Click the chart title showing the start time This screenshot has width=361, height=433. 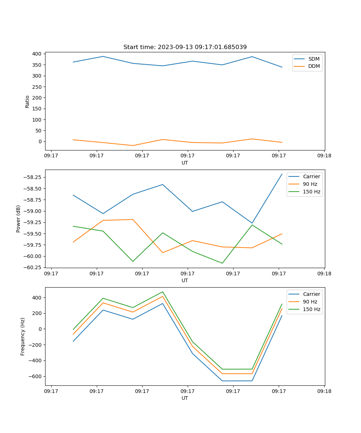pyautogui.click(x=185, y=47)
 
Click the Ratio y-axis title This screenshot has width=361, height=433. pyautogui.click(x=27, y=101)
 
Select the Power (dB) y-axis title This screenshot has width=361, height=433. pyautogui.click(x=18, y=219)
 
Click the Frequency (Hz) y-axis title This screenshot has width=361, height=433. pyautogui.click(x=23, y=336)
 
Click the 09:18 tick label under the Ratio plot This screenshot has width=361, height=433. pyautogui.click(x=324, y=156)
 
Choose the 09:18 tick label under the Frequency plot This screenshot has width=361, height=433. pyautogui.click(x=324, y=391)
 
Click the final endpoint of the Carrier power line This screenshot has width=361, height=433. pyautogui.click(x=282, y=174)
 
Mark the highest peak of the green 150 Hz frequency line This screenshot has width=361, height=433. pyautogui.click(x=162, y=292)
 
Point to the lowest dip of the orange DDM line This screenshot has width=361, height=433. pyautogui.click(x=133, y=145)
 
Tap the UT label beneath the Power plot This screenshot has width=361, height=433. pyautogui.click(x=185, y=280)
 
